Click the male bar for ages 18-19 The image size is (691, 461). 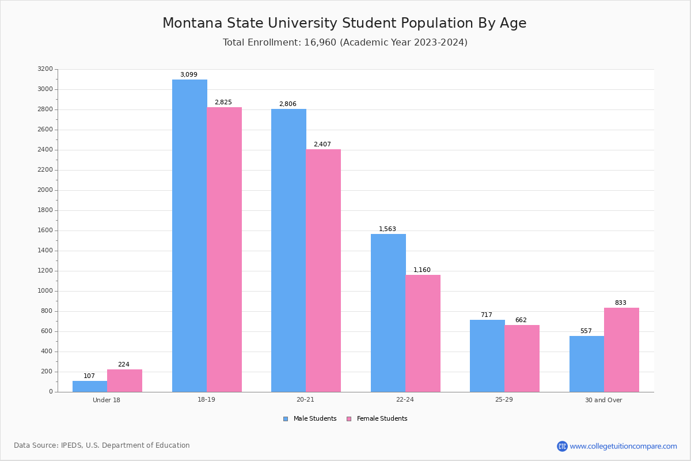pos(189,236)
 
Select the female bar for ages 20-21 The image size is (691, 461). pos(323,270)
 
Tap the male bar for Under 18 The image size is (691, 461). pos(90,386)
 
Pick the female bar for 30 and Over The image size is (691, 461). pos(621,350)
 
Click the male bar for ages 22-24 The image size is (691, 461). pos(388,313)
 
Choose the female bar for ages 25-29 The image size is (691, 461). pos(522,358)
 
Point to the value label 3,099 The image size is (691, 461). pos(189,75)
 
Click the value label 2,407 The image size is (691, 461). pos(322,145)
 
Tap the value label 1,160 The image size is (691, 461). pos(422,270)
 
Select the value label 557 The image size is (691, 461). pos(586,331)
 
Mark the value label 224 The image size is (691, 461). pos(124,365)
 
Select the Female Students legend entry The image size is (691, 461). pos(377,419)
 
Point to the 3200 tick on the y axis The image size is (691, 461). pos(45,69)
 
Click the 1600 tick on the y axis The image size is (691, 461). pos(45,231)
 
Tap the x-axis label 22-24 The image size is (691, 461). pos(405,400)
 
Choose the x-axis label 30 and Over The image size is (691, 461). pos(603,400)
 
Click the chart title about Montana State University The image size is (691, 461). pos(344,24)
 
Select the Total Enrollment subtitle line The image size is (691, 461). pos(345,43)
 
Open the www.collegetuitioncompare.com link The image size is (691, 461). pos(623,446)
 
